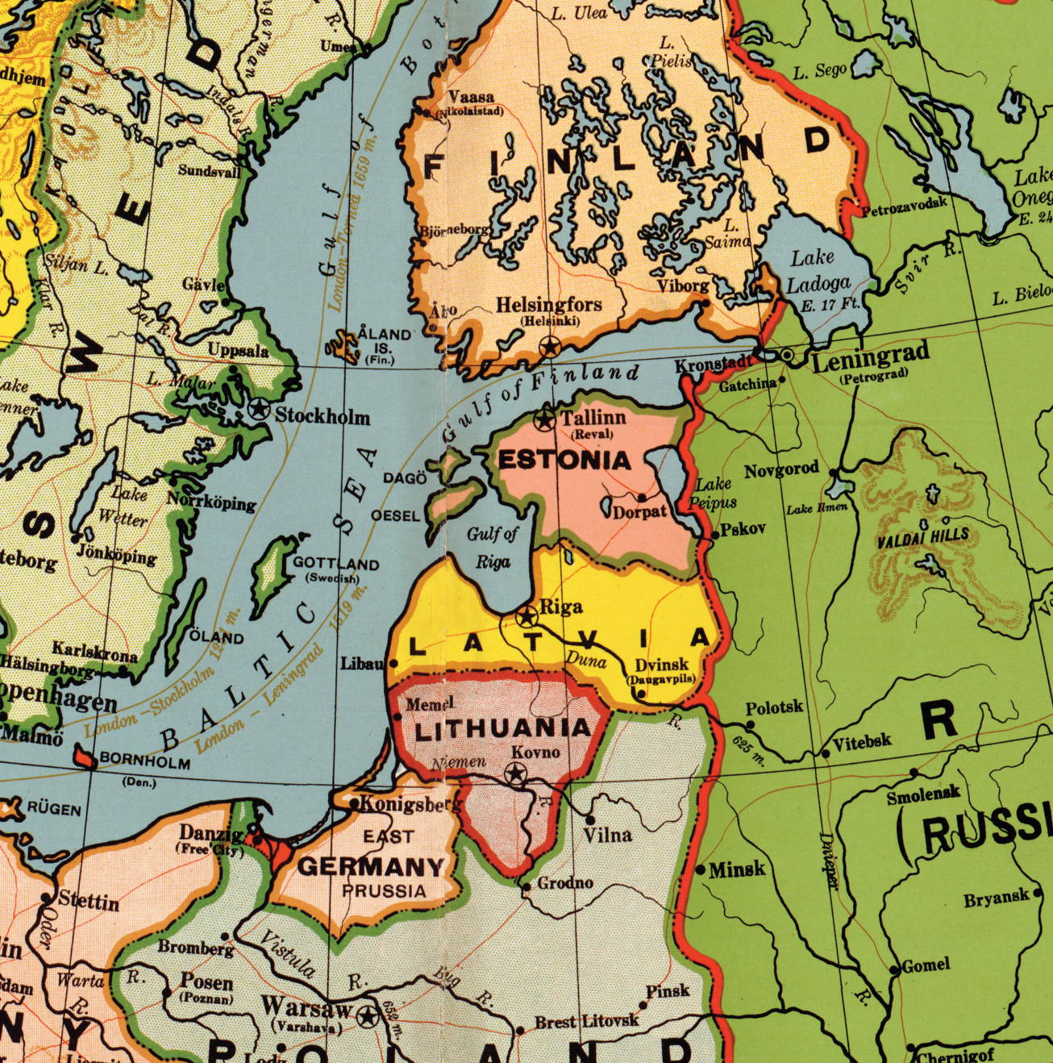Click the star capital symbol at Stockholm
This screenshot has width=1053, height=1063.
[x=259, y=408]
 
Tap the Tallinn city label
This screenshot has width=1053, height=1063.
[x=593, y=418]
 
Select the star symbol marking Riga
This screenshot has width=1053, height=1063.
[x=526, y=617]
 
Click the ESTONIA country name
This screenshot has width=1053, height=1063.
[x=564, y=461]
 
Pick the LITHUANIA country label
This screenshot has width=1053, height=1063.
[x=502, y=729]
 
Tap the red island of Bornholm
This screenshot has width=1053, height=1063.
[x=83, y=757]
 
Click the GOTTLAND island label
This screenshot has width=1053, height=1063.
[x=335, y=563]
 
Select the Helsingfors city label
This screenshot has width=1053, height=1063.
[x=548, y=305]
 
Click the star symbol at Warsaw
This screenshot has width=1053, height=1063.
[x=368, y=1016]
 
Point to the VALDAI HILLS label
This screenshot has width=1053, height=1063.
[x=923, y=538]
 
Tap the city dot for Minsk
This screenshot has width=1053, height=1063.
[x=701, y=869]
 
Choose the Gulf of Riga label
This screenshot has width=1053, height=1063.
[x=492, y=547]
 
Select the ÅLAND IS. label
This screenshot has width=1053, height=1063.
[x=384, y=339]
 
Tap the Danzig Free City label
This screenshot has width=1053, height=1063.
[x=211, y=839]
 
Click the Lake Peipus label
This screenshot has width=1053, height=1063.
[x=714, y=493]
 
